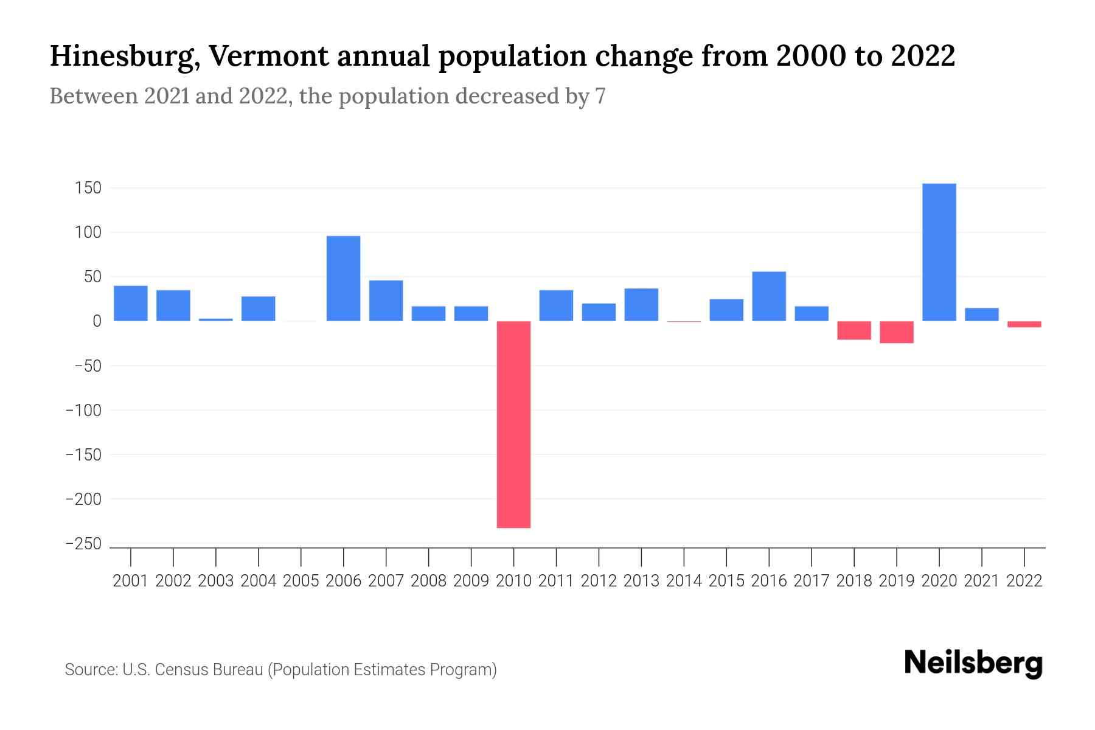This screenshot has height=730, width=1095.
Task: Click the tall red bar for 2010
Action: [x=513, y=424]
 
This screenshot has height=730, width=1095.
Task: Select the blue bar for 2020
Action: [x=939, y=252]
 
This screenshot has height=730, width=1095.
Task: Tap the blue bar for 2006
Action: [x=343, y=278]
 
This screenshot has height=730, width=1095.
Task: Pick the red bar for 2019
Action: [x=896, y=332]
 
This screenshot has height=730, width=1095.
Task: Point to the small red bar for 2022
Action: [x=1024, y=324]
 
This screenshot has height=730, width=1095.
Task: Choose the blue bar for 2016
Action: [x=768, y=296]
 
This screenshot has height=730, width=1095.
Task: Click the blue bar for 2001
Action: [x=131, y=303]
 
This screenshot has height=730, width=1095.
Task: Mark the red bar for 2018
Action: [x=853, y=330]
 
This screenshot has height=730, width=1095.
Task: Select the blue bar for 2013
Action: [x=641, y=305]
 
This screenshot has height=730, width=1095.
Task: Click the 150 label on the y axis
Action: [x=88, y=188]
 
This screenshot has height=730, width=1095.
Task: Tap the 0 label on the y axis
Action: [x=96, y=321]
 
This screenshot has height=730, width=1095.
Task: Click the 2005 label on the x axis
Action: [x=301, y=581]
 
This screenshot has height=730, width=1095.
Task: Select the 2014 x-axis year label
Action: [x=684, y=581]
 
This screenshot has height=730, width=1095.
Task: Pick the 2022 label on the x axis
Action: [x=1024, y=581]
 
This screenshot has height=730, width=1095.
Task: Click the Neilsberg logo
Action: [x=973, y=663]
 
